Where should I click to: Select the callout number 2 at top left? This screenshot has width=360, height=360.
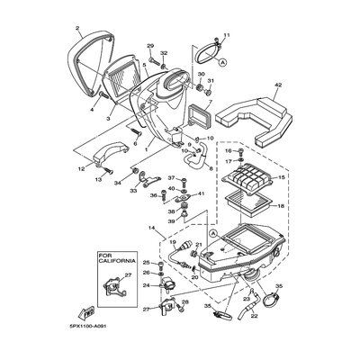pos(78,28)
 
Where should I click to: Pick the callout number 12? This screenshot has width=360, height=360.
pos(80,167)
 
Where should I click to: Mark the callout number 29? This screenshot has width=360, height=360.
pos(150,47)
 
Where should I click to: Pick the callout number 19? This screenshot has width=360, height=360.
pos(172,243)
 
